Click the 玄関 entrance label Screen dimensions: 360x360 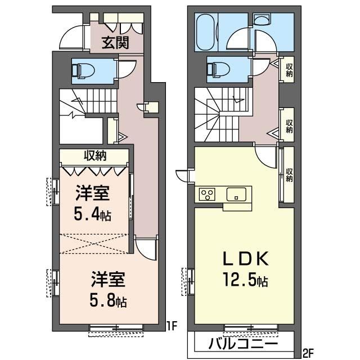(115, 43)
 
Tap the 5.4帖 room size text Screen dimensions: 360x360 (92, 215)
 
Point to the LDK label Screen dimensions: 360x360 (246, 259)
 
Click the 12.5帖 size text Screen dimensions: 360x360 (246, 281)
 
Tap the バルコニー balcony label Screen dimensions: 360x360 (244, 344)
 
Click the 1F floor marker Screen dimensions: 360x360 (172, 326)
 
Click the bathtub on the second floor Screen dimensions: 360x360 (205, 33)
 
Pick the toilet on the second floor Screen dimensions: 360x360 (218, 69)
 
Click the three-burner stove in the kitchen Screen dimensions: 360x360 (207, 194)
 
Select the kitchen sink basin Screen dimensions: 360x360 (236, 194)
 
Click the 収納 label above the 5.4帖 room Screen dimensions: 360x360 (95, 156)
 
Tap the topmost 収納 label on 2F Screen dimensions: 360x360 (289, 70)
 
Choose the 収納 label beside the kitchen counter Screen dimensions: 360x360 (289, 175)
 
